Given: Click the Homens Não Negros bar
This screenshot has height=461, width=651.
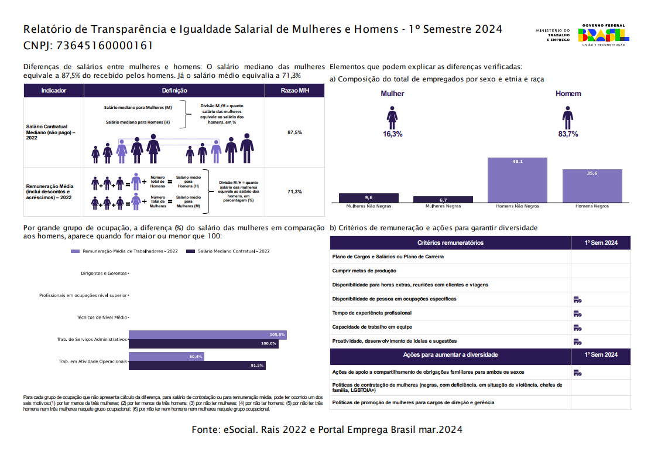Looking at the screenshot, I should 518,180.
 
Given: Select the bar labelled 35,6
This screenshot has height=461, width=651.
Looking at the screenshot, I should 592,186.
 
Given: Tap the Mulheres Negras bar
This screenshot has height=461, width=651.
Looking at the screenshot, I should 443,199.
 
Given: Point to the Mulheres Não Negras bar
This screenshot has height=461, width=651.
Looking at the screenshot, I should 368,198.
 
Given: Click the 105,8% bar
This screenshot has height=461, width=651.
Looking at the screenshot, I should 207,334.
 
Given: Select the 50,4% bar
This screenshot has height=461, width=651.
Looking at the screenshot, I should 166,356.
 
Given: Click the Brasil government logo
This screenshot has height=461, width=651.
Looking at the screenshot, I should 602,35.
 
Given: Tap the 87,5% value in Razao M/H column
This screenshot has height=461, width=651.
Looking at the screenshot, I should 294,133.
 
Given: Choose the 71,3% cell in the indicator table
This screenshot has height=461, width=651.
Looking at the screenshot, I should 294,192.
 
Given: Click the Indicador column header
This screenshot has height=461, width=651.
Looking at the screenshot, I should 54,91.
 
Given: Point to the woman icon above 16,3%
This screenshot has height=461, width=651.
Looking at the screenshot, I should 392,117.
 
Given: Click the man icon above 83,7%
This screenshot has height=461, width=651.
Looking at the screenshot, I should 567,117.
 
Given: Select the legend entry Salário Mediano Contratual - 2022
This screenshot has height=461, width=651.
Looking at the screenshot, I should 228,251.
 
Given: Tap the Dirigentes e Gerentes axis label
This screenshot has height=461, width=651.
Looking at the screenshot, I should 104,274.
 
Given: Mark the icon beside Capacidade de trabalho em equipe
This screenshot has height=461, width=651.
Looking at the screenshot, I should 577,327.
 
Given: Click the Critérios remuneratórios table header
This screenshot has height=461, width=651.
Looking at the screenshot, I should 450,243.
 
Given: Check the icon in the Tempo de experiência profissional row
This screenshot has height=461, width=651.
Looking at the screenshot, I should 577,313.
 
